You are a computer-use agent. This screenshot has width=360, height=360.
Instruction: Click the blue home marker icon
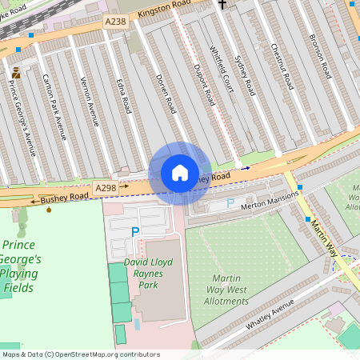point(180,173)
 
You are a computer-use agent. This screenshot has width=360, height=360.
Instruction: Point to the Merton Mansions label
point(270,198)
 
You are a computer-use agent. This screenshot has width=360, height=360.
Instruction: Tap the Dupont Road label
point(204,86)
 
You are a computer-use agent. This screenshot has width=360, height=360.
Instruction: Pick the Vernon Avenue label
point(90,102)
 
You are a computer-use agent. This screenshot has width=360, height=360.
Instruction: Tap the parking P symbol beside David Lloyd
point(135,231)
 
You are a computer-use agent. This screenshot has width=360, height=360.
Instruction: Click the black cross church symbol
point(222,5)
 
